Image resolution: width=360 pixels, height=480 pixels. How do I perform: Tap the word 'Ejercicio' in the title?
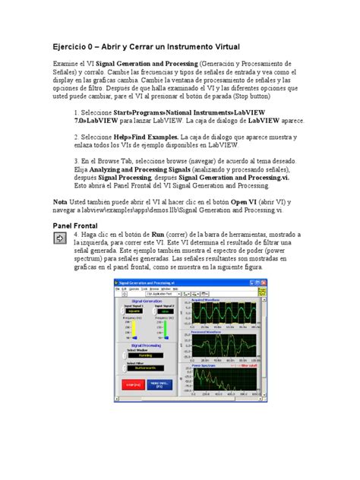click(x=74, y=46)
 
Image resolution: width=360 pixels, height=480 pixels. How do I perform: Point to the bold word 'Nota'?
click(x=59, y=201)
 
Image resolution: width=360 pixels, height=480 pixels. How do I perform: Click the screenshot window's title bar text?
click(x=152, y=281)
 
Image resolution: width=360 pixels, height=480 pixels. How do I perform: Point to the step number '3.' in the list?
click(x=77, y=162)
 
